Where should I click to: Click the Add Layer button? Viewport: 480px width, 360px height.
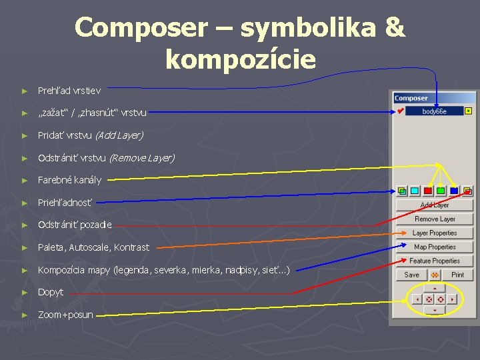click(434, 205)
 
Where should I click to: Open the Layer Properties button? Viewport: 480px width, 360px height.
click(434, 233)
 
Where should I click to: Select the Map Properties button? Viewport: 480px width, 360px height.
click(434, 247)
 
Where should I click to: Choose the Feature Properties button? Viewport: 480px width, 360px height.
click(434, 261)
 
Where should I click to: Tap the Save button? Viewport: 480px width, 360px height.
click(412, 275)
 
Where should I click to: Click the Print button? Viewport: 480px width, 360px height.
click(457, 275)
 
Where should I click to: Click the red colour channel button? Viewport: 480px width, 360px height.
click(427, 191)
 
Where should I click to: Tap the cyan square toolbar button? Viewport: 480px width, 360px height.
click(415, 191)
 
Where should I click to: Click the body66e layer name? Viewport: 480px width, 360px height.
click(434, 111)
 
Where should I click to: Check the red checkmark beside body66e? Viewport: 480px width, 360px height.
click(400, 111)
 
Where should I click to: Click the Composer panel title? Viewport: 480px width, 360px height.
click(411, 98)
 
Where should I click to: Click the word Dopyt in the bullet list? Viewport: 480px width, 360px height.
click(51, 292)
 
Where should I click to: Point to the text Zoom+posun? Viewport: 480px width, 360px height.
click(65, 315)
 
